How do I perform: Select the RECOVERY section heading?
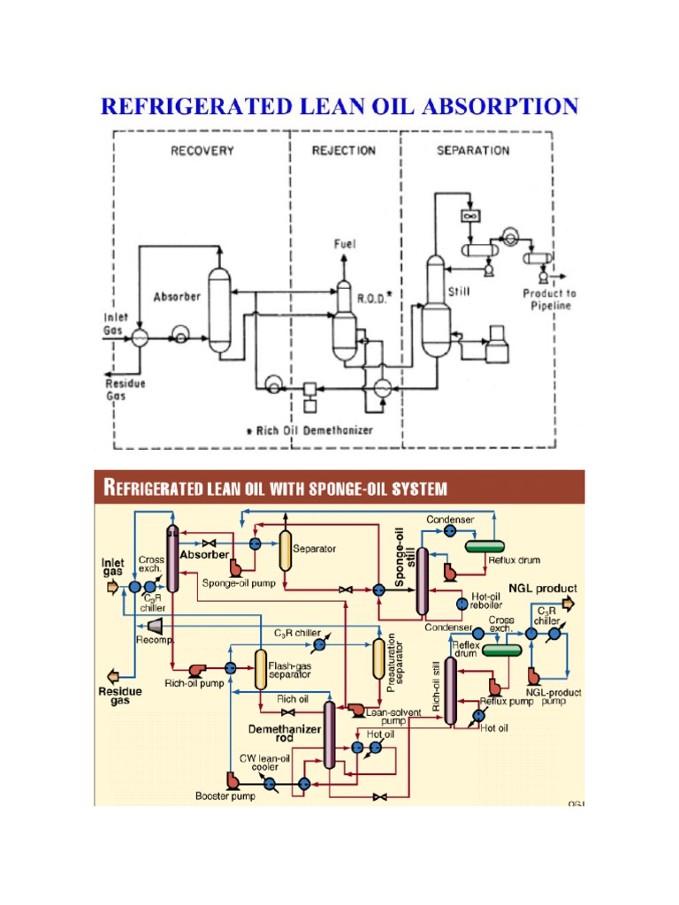tap(202, 150)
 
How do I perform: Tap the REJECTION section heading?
tap(344, 150)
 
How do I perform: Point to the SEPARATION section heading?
tap(473, 150)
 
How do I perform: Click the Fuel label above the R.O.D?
tap(344, 243)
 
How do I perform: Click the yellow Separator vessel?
tap(286, 551)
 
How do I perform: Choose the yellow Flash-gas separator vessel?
tap(261, 670)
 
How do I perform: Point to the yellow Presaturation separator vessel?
tap(378, 658)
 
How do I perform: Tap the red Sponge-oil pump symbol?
tap(235, 567)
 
